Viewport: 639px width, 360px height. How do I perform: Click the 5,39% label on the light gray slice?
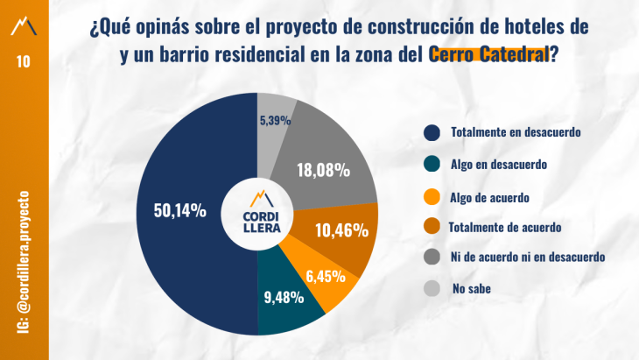pyautogui.click(x=277, y=120)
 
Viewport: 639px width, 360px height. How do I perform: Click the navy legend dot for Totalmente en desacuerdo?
pyautogui.click(x=431, y=132)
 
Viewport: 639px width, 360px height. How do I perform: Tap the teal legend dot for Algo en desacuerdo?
pyautogui.click(x=431, y=164)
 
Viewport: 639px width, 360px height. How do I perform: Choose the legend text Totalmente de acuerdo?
pyautogui.click(x=504, y=228)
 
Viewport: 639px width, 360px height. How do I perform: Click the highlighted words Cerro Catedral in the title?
pyautogui.click(x=488, y=54)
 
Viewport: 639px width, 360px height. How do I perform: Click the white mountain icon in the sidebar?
pyautogui.click(x=24, y=25)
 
